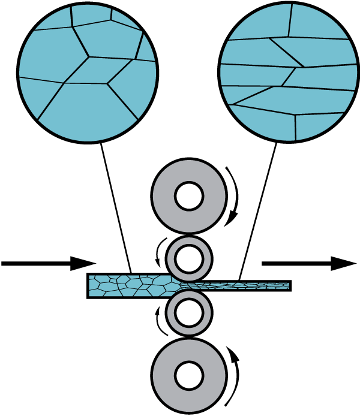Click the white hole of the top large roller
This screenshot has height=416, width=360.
(x=189, y=196)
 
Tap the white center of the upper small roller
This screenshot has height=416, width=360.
(x=189, y=259)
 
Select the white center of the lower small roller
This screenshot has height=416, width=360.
(x=189, y=313)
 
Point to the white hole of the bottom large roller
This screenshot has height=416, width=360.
(x=189, y=376)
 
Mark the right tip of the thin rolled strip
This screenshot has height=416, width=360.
(x=288, y=286)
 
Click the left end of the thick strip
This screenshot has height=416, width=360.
(x=91, y=286)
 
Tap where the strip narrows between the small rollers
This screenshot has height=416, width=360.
(x=180, y=285)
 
